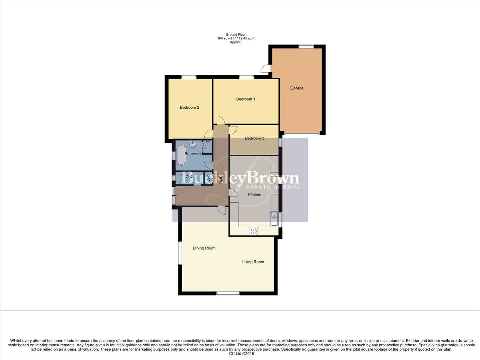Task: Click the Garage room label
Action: click(x=296, y=88)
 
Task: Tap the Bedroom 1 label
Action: click(x=245, y=99)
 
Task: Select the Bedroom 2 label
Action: click(x=189, y=107)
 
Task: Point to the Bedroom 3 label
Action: click(x=254, y=138)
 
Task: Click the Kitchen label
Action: click(x=254, y=195)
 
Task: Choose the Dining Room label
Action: click(x=204, y=248)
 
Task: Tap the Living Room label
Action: click(x=253, y=262)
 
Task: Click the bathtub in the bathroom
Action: click(x=182, y=155)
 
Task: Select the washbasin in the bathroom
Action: click(x=193, y=144)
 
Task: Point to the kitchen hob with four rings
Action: click(x=254, y=231)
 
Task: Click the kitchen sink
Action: click(x=274, y=218)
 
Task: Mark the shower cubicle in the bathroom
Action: click(x=208, y=146)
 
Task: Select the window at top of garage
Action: click(x=306, y=47)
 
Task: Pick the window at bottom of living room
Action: click(x=228, y=293)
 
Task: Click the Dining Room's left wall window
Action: click(x=180, y=252)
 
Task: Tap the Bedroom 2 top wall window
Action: click(x=189, y=77)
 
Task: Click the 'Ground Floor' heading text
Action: click(x=236, y=35)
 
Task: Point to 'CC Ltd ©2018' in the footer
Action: click(x=241, y=354)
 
